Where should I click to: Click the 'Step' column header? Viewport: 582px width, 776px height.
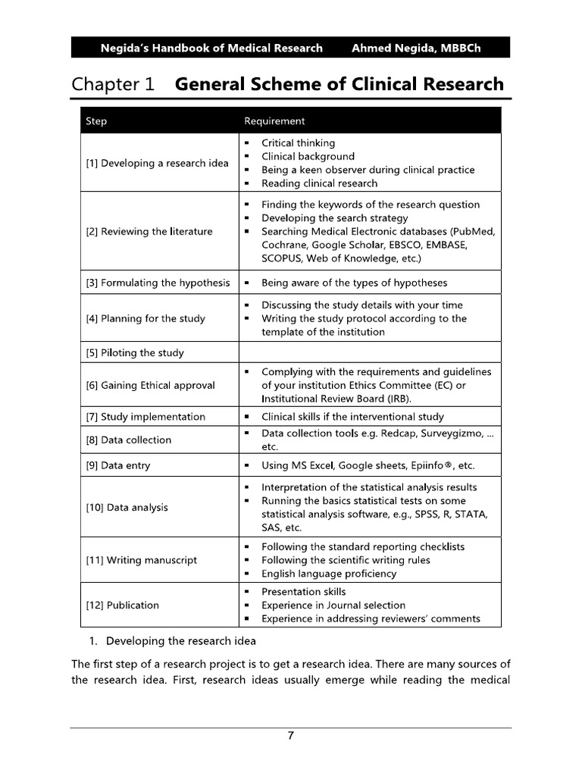[x=96, y=121]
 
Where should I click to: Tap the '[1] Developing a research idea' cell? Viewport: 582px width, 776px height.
[x=157, y=163]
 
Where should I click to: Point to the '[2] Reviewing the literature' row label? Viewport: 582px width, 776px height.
[x=149, y=232]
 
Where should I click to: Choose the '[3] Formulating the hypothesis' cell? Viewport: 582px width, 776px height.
[x=158, y=283]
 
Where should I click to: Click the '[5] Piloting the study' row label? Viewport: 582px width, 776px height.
[x=135, y=352]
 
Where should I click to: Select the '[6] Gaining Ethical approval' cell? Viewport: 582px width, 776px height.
[x=150, y=385]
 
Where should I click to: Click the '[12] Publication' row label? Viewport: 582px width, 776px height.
[x=123, y=605]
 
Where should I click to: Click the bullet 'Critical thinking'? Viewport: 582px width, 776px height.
[x=298, y=142]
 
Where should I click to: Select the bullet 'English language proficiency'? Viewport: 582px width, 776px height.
[x=329, y=574]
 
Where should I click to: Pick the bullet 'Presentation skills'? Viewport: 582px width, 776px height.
[x=303, y=591]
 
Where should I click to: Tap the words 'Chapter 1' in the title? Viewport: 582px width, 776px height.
[x=113, y=83]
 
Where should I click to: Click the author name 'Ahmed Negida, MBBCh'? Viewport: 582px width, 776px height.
[x=416, y=48]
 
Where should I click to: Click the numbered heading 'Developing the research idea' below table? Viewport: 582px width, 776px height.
[x=170, y=641]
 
